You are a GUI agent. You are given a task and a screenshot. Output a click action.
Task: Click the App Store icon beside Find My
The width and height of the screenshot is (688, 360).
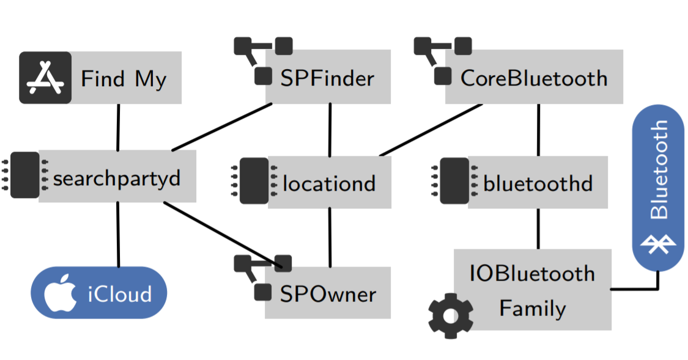click(x=45, y=78)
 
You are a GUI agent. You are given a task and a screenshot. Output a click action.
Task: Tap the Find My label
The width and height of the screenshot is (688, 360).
click(x=124, y=79)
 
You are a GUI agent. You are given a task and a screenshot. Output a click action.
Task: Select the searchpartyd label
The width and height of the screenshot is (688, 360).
click(x=117, y=178)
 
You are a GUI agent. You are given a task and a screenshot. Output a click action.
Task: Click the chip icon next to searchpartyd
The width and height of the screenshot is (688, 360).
click(x=25, y=175)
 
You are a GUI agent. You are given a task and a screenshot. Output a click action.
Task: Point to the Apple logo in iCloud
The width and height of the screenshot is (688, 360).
click(x=60, y=293)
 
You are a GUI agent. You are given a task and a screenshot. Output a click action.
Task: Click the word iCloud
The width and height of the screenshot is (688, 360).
click(x=119, y=294)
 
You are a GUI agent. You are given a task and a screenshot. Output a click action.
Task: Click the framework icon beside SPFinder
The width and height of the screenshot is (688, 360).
click(x=263, y=60)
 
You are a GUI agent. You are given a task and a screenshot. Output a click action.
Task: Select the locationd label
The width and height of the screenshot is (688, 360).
click(x=329, y=183)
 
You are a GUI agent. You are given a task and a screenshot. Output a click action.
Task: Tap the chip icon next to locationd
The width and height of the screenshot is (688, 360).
click(x=254, y=180)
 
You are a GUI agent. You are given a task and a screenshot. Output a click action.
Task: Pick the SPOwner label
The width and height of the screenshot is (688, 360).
click(x=328, y=294)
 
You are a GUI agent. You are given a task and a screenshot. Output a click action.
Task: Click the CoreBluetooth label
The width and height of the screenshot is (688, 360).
click(x=534, y=78)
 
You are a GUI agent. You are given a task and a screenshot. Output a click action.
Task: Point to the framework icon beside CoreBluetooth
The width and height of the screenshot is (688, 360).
click(x=443, y=60)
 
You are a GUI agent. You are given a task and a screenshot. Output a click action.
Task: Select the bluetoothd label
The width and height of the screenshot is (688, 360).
click(x=538, y=183)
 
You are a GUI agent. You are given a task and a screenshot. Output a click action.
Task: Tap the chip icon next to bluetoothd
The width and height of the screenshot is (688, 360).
click(x=454, y=180)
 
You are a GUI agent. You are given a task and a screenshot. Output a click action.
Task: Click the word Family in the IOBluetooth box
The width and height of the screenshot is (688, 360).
click(x=532, y=307)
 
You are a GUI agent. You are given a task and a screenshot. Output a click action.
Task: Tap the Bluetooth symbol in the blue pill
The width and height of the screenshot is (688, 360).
click(x=658, y=245)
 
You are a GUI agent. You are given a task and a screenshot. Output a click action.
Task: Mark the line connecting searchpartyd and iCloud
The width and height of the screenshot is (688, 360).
click(x=118, y=235)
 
